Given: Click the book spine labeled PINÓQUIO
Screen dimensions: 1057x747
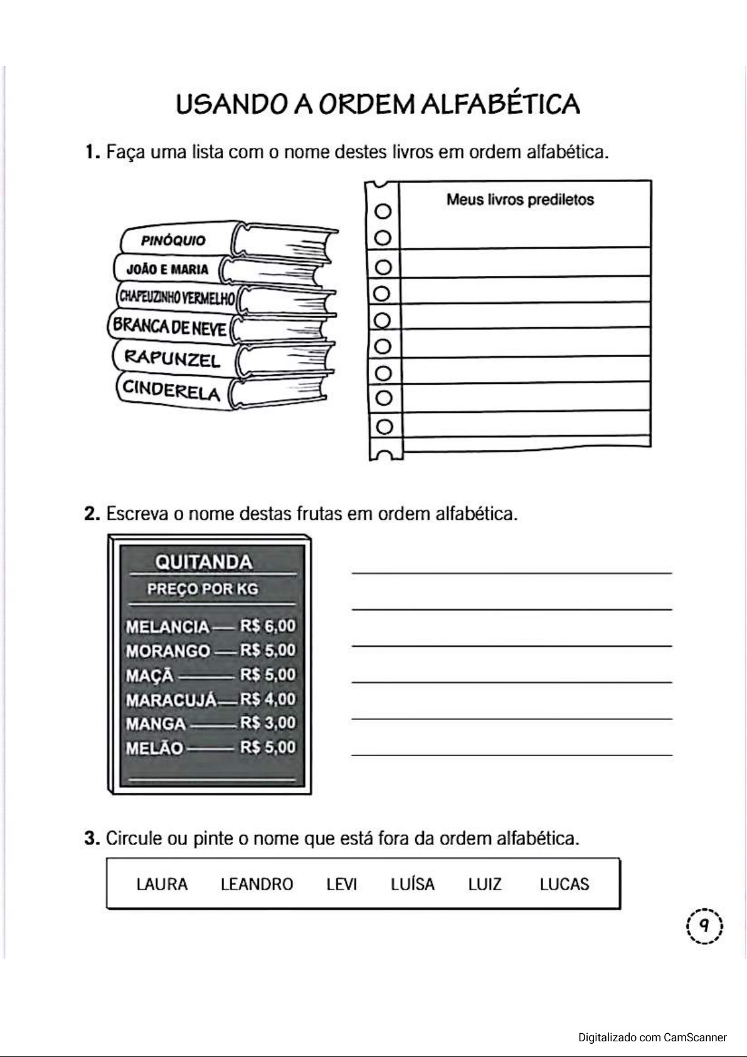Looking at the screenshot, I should coord(173,240).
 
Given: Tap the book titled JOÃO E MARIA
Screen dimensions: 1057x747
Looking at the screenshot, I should coord(167,270).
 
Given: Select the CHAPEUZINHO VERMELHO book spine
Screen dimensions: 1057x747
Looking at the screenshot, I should coord(175,297).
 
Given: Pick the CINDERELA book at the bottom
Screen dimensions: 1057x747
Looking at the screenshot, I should coord(171,390).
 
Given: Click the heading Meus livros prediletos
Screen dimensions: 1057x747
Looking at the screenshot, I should coord(520,200).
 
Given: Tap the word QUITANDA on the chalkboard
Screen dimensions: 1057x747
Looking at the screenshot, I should coord(203,561).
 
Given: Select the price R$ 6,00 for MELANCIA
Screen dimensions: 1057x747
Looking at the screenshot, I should coord(267,626).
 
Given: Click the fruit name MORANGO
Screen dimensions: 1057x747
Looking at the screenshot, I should coord(168,651).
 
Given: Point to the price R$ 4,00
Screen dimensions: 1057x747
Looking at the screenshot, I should coord(267,699).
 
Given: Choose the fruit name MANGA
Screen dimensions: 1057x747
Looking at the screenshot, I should coord(156,723).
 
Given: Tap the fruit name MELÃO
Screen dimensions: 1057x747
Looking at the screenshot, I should coord(155,748).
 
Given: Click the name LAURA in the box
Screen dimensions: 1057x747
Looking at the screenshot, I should coord(162,884).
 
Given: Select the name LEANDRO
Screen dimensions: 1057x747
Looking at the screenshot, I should coord(257,884).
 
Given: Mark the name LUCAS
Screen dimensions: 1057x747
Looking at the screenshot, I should coord(564,884).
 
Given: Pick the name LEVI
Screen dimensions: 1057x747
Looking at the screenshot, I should coord(341,884).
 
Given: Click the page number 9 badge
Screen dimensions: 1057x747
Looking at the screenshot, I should coord(704,925).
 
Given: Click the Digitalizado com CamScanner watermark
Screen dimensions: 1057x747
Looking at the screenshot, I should coord(652,1037).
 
